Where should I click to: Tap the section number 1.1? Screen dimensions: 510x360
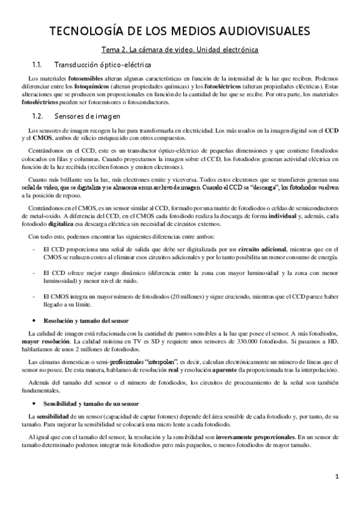coord(36,64)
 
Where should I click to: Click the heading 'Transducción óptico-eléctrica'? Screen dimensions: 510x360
coord(102,64)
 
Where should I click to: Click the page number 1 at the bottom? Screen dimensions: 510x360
coord(338,478)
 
